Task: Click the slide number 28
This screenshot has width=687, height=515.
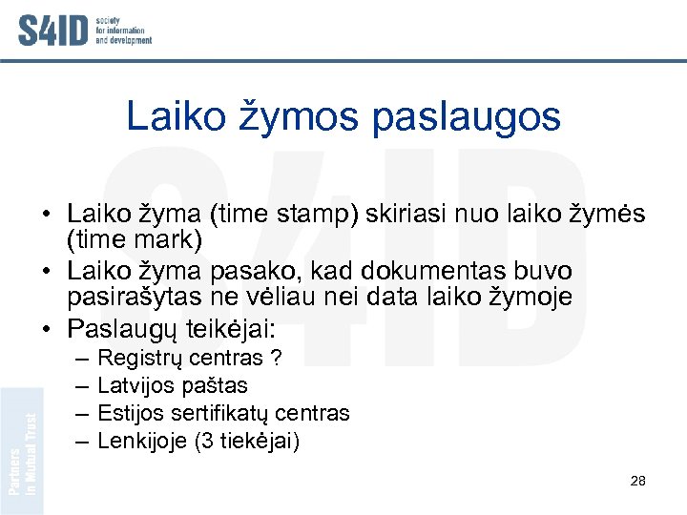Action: [x=638, y=481]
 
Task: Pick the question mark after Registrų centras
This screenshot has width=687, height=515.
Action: [x=276, y=359]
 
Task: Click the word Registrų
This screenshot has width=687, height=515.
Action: [x=140, y=359]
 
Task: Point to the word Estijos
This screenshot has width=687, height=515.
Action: [x=133, y=414]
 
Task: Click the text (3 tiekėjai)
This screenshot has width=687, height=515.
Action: [x=249, y=442]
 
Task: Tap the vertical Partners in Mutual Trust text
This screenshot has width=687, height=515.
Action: [x=22, y=454]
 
